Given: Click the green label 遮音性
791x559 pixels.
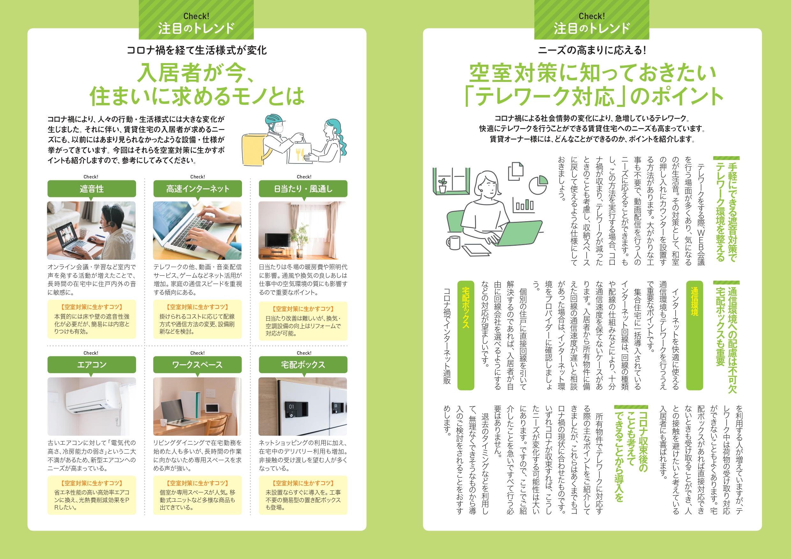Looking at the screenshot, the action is tap(92, 189).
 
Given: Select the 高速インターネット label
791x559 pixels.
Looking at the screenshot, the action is tap(197, 189).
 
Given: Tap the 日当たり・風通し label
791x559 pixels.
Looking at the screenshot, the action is tap(303, 189).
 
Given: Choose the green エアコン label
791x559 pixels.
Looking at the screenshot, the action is tap(92, 365).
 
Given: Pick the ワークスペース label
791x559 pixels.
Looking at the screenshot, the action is tap(197, 365).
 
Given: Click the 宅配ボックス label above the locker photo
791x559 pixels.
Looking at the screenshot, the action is tap(303, 365).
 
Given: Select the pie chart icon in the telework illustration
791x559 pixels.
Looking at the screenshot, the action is tap(538, 185).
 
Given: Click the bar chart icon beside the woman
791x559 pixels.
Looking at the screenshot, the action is tap(524, 205).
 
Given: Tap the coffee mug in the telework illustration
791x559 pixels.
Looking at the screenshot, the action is tap(453, 243).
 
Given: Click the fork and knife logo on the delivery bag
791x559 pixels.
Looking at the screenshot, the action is tap(300, 154).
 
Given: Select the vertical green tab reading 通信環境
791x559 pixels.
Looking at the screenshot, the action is tap(694, 335).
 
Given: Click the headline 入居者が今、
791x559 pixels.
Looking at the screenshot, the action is tap(196, 73).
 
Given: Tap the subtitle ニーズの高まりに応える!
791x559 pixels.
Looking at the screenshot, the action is tap(592, 50).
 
